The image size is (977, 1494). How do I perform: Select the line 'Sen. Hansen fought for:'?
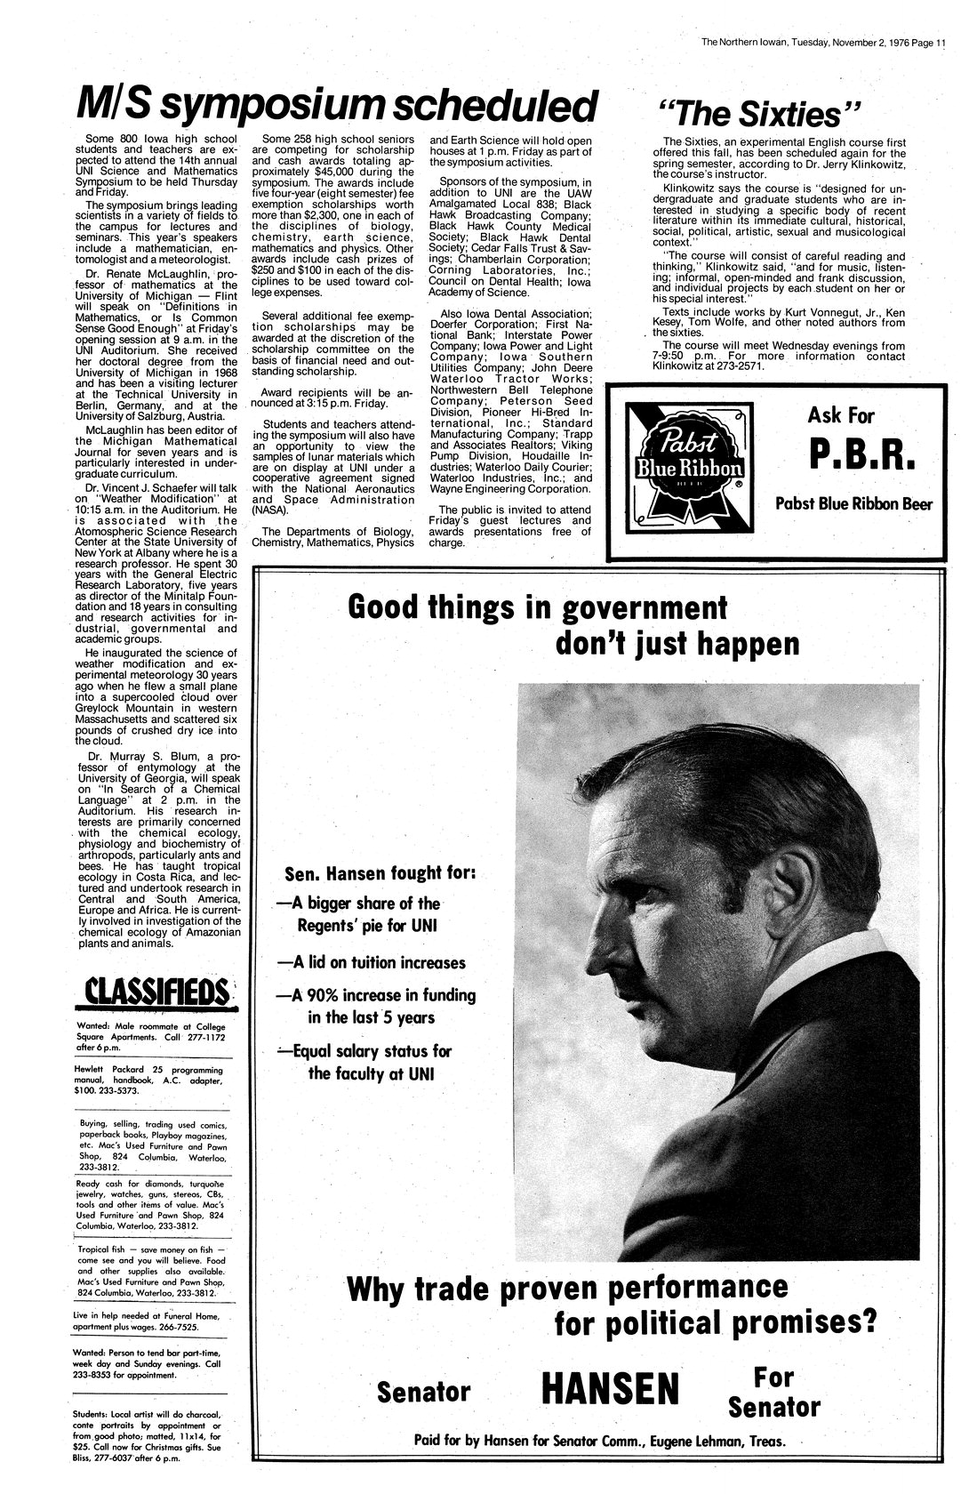(x=379, y=872)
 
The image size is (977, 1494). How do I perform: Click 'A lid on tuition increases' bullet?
(x=372, y=962)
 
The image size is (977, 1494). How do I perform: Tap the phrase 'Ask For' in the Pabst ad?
(x=840, y=415)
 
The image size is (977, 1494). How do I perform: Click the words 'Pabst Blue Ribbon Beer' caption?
(x=853, y=504)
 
